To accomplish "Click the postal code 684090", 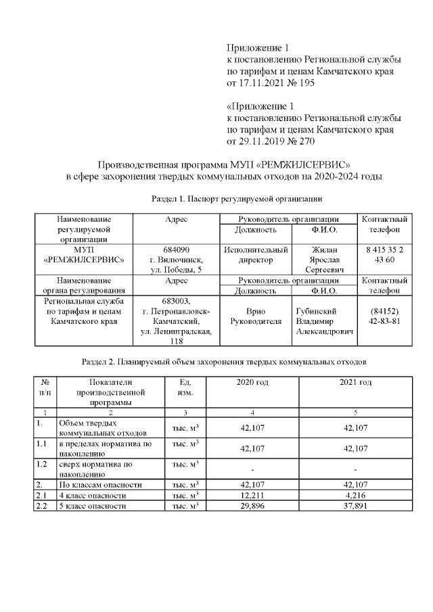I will click(177, 250).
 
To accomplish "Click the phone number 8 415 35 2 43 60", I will click(384, 254).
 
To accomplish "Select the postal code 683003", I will click(177, 301).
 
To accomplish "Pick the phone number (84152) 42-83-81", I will click(384, 316).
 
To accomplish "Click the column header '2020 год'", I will click(252, 383).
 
